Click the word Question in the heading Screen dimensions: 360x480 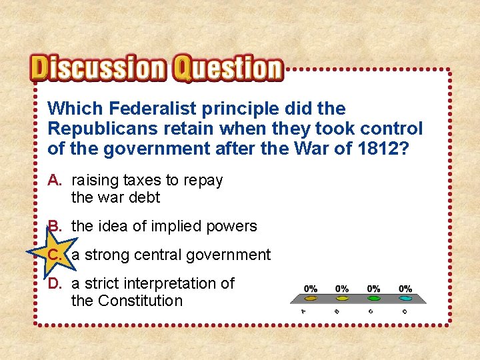click(228, 69)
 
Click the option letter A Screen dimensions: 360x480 click(55, 180)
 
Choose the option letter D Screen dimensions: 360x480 click(55, 283)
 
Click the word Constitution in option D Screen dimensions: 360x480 click(139, 301)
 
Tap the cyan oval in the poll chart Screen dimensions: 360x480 click(405, 299)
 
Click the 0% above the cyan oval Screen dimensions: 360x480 click(405, 289)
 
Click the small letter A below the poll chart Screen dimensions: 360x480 click(304, 311)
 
